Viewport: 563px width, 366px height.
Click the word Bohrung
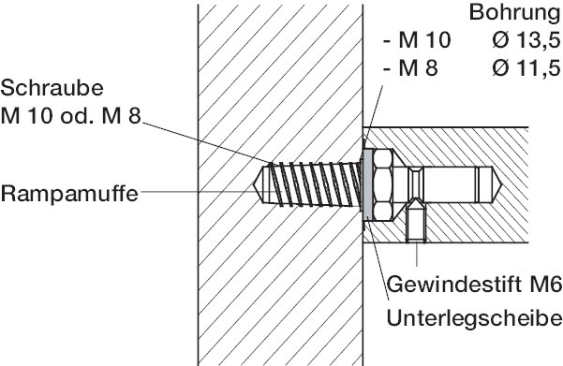point(515,12)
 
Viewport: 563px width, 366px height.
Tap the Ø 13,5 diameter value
point(526,40)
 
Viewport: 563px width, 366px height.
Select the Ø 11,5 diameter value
point(526,67)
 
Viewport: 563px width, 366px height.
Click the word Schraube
point(52,88)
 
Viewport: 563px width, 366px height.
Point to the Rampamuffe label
point(69,194)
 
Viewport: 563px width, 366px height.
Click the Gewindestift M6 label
point(474,285)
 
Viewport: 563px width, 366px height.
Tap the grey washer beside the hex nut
point(367,184)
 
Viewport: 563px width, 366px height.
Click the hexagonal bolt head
point(383,184)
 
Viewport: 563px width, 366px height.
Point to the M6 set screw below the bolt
point(417,222)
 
